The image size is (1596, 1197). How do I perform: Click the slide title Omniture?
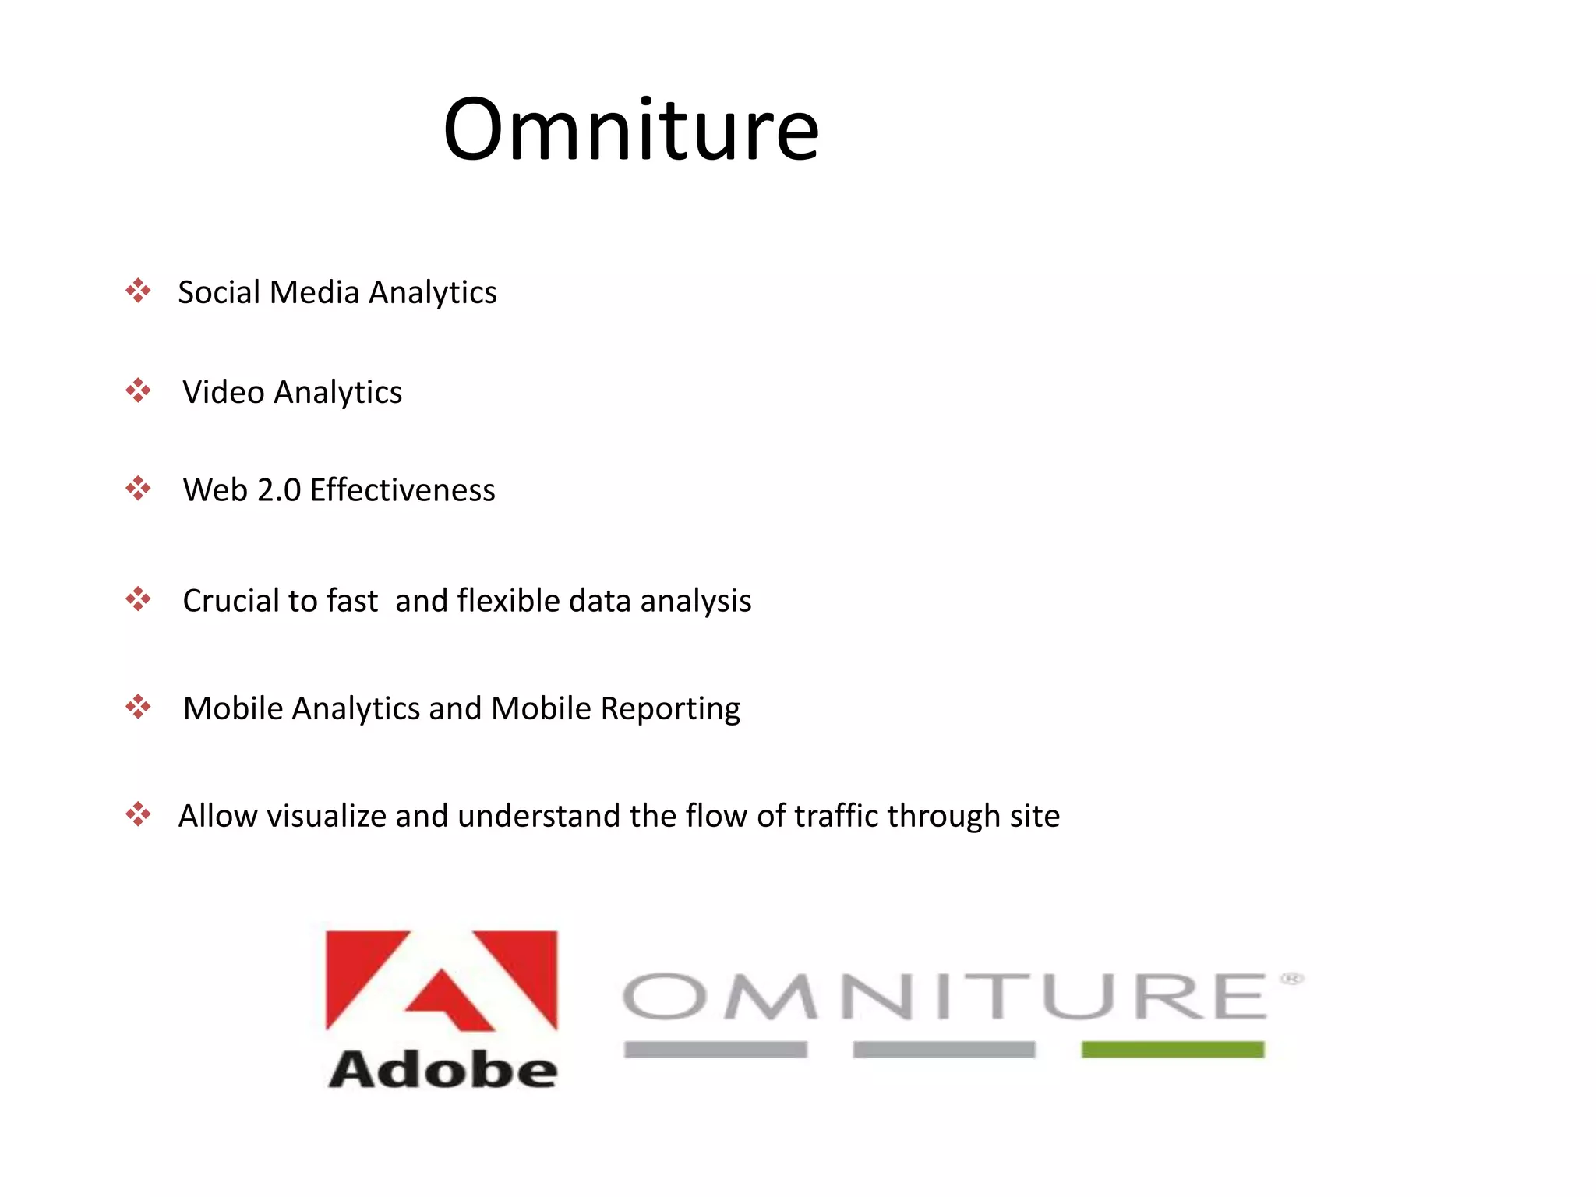(630, 129)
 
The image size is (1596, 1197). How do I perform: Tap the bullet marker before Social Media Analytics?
(138, 291)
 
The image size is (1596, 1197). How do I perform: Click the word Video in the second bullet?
(223, 392)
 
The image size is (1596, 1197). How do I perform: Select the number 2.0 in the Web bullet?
(279, 491)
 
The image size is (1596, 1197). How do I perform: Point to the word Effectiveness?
(402, 491)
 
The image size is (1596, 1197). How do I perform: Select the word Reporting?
(670, 709)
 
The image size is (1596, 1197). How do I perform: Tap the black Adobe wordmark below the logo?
(442, 1069)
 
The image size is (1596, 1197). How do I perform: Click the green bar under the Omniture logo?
(1172, 1050)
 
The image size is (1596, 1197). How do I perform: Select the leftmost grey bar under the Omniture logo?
(715, 1050)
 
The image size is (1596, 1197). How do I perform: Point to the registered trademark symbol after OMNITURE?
(1291, 979)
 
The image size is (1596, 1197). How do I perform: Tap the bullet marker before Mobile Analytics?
(138, 707)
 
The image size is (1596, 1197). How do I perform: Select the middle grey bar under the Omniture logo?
(944, 1050)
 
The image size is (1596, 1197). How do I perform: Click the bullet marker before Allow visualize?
(138, 814)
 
